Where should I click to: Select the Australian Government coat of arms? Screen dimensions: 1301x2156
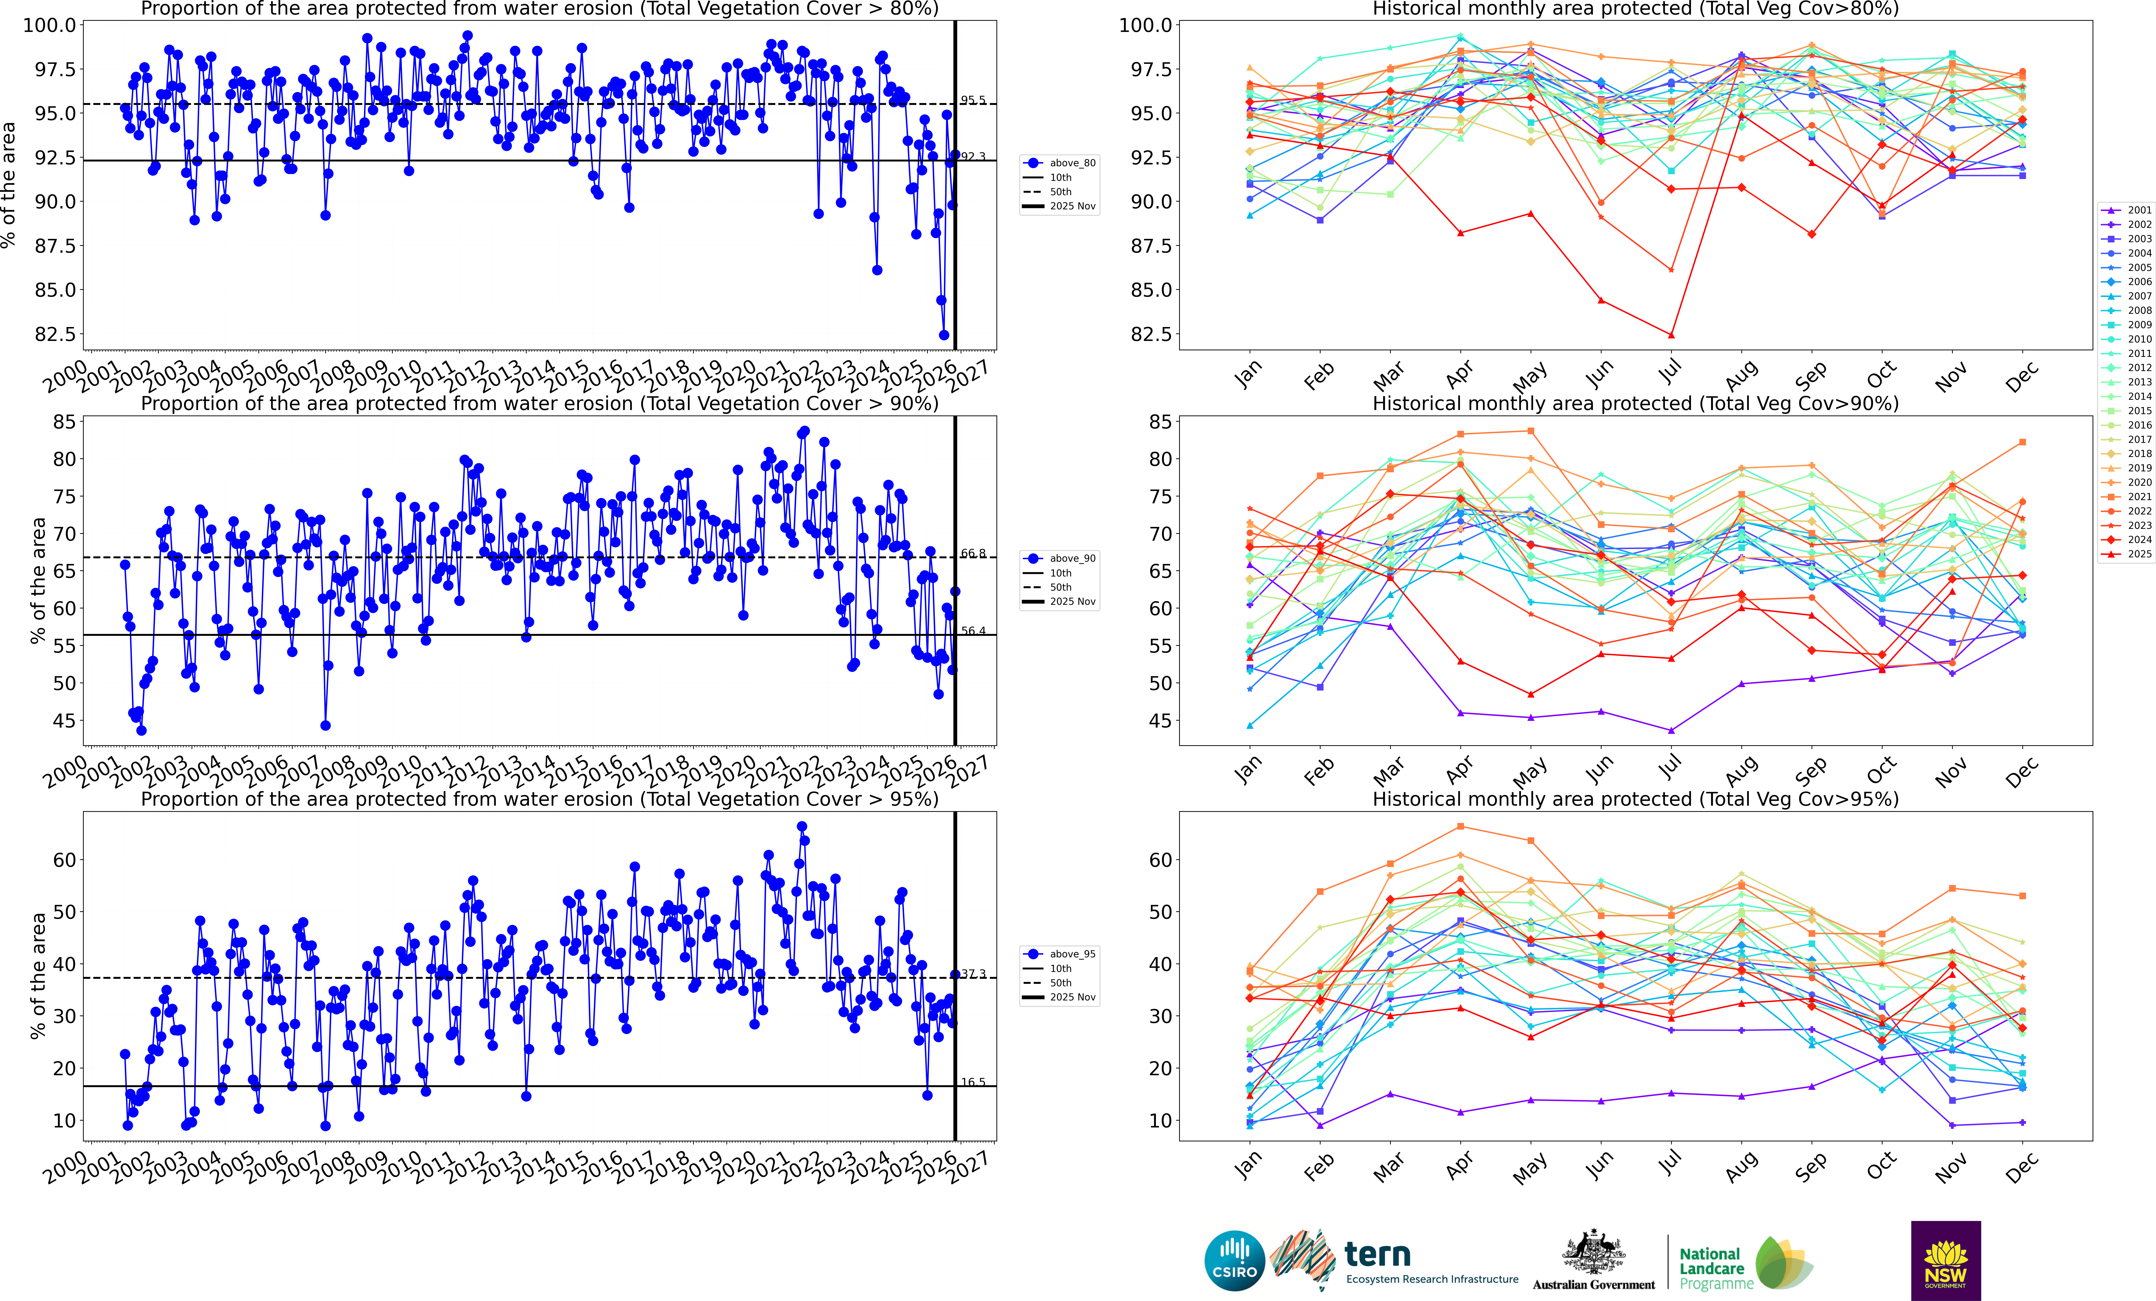[x=1593, y=1253]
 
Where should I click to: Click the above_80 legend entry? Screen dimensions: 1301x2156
[x=1072, y=163]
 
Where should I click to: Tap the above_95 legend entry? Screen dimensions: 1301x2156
[x=1072, y=954]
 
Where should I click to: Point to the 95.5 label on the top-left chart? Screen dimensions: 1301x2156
[x=973, y=100]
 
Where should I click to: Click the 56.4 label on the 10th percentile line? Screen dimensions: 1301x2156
[x=973, y=631]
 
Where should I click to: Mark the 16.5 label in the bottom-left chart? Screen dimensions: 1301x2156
[x=973, y=1082]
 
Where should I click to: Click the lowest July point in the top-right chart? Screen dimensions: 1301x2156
[x=1671, y=335]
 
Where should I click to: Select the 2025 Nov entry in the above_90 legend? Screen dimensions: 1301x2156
[x=1072, y=601]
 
